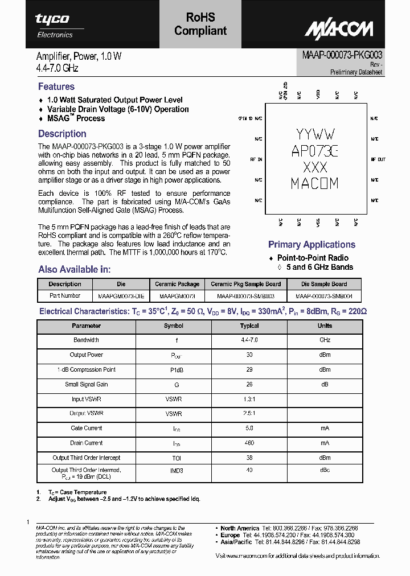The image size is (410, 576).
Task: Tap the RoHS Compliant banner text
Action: click(x=200, y=24)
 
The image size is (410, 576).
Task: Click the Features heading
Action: click(x=56, y=87)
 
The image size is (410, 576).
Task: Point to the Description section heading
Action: click(x=62, y=134)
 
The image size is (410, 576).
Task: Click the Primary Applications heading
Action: click(x=311, y=245)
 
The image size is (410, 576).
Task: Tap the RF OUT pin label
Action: click(x=378, y=159)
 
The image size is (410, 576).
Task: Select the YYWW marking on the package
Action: click(x=315, y=135)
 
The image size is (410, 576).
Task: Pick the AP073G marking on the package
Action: click(x=315, y=151)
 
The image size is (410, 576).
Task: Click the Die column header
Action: click(x=121, y=284)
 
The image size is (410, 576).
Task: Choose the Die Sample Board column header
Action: click(x=324, y=284)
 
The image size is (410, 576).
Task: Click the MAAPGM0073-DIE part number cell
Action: click(x=121, y=296)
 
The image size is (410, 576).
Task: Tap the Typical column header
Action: click(x=249, y=326)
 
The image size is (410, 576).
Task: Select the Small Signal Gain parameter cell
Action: click(x=87, y=385)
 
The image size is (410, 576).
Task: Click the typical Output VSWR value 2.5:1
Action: click(x=249, y=414)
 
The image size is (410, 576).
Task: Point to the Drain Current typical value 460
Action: click(x=249, y=443)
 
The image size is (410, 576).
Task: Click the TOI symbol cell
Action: click(x=173, y=458)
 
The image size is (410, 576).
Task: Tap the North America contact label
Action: click(x=240, y=528)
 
